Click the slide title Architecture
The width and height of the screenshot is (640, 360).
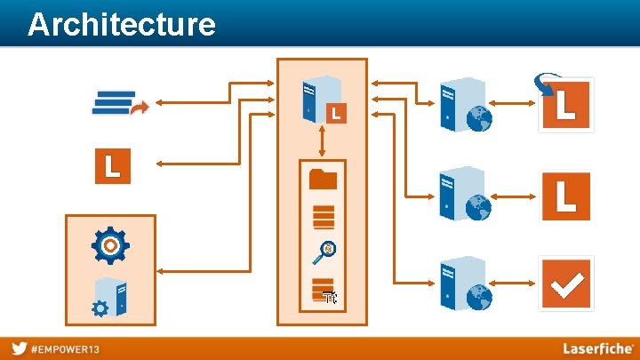(121, 24)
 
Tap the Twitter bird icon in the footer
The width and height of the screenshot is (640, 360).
(19, 348)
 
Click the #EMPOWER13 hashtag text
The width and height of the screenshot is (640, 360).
(66, 348)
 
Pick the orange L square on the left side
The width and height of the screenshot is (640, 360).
(113, 166)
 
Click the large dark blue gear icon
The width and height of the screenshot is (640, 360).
(110, 244)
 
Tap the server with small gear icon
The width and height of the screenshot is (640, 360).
(110, 297)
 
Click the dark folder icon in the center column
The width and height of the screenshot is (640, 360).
(323, 179)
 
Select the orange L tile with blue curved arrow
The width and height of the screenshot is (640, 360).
(564, 104)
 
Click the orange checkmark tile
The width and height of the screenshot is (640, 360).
(565, 284)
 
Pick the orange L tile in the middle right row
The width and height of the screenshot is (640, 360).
(565, 196)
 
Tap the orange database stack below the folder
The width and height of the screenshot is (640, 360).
(323, 216)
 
